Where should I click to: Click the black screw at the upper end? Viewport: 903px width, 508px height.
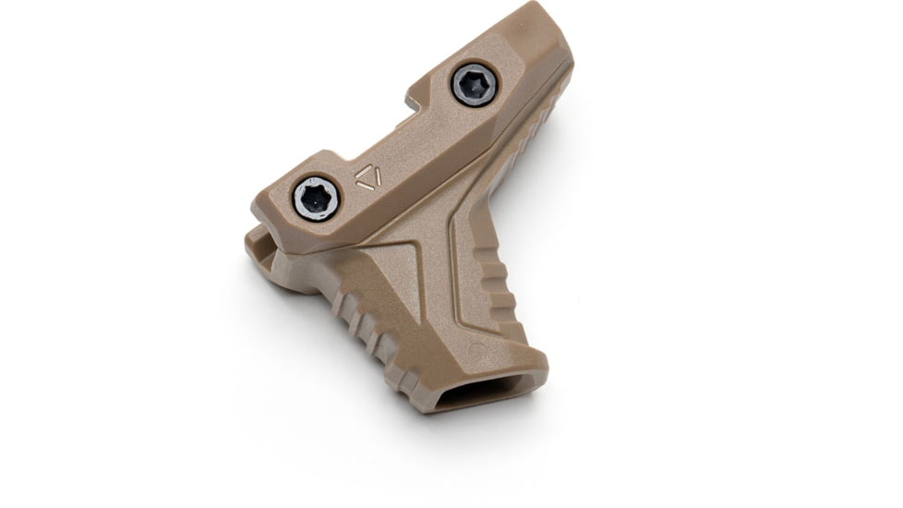[x=475, y=86]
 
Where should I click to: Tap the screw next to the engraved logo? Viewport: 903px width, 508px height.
[x=316, y=198]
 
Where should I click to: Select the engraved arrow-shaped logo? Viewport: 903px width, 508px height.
[x=367, y=177]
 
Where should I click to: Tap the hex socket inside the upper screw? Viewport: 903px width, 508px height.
[x=475, y=86]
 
